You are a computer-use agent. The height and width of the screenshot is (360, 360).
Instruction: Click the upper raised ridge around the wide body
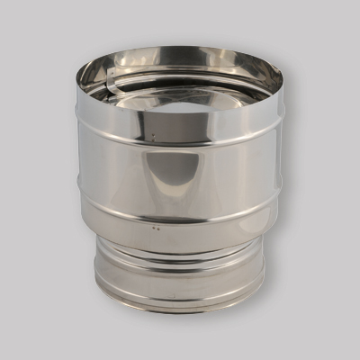coord(180,142)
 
